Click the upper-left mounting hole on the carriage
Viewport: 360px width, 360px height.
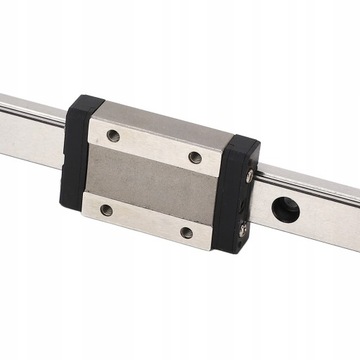[113, 135]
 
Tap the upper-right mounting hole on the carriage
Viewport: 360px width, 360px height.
[195, 157]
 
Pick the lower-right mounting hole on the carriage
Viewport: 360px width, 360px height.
[186, 232]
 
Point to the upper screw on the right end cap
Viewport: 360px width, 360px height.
[249, 176]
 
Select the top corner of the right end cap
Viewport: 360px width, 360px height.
[256, 144]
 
